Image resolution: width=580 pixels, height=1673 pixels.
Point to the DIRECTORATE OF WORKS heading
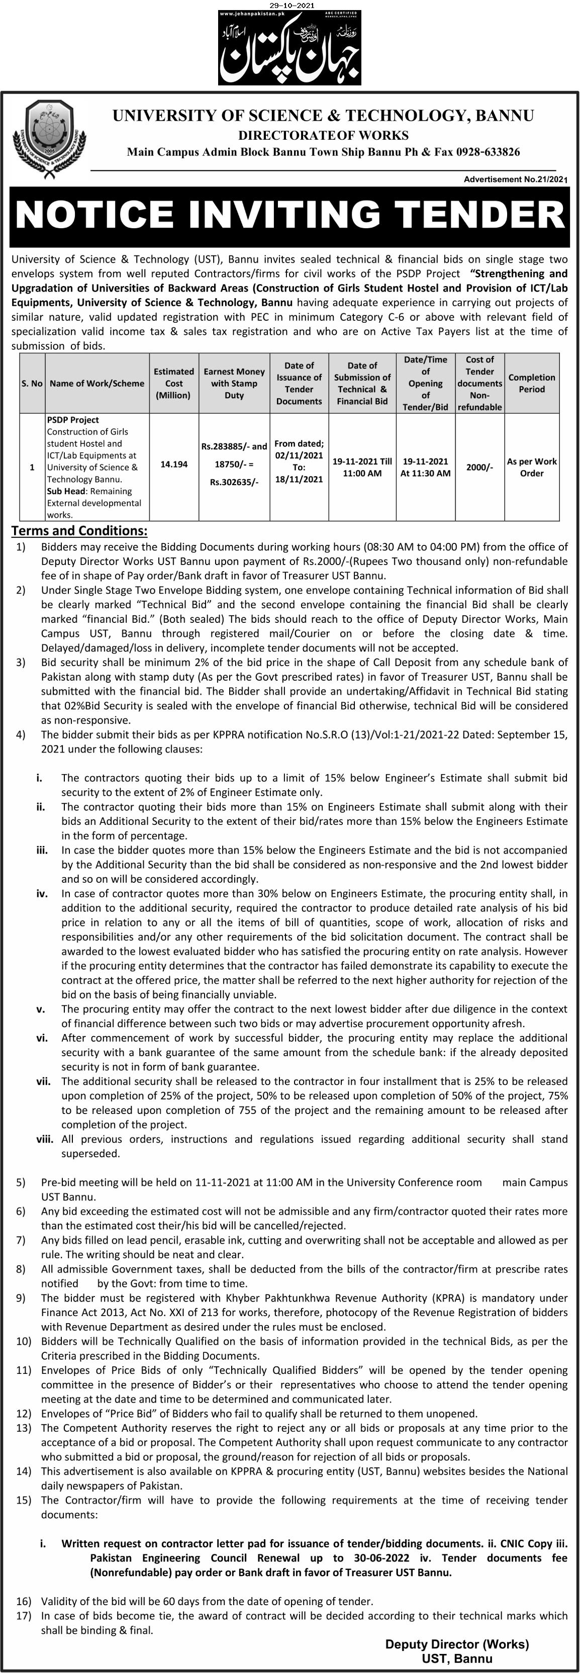point(323,135)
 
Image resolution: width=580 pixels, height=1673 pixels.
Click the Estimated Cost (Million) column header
point(173,383)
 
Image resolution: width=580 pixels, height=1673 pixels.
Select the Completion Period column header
point(531,383)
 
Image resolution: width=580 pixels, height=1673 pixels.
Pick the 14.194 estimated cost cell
point(173,464)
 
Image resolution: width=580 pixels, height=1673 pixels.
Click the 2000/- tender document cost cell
point(479,467)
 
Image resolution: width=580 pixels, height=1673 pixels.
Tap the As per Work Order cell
point(531,467)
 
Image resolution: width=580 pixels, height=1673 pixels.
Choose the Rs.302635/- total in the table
point(234,482)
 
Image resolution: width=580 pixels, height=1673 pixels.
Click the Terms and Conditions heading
point(79,531)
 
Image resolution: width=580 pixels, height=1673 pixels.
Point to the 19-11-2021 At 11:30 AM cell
point(425,467)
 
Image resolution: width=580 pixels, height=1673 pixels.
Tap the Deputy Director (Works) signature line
point(456,1644)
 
